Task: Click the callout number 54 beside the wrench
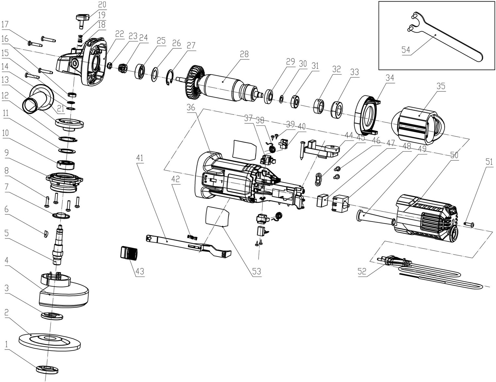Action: [x=406, y=50]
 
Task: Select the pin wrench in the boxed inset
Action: [x=447, y=39]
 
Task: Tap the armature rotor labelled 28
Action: [x=222, y=87]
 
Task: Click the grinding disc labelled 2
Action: [x=49, y=340]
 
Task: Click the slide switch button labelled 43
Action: [x=129, y=253]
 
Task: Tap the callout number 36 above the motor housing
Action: [x=191, y=107]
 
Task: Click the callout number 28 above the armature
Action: [x=244, y=54]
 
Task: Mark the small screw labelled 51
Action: [x=469, y=224]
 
